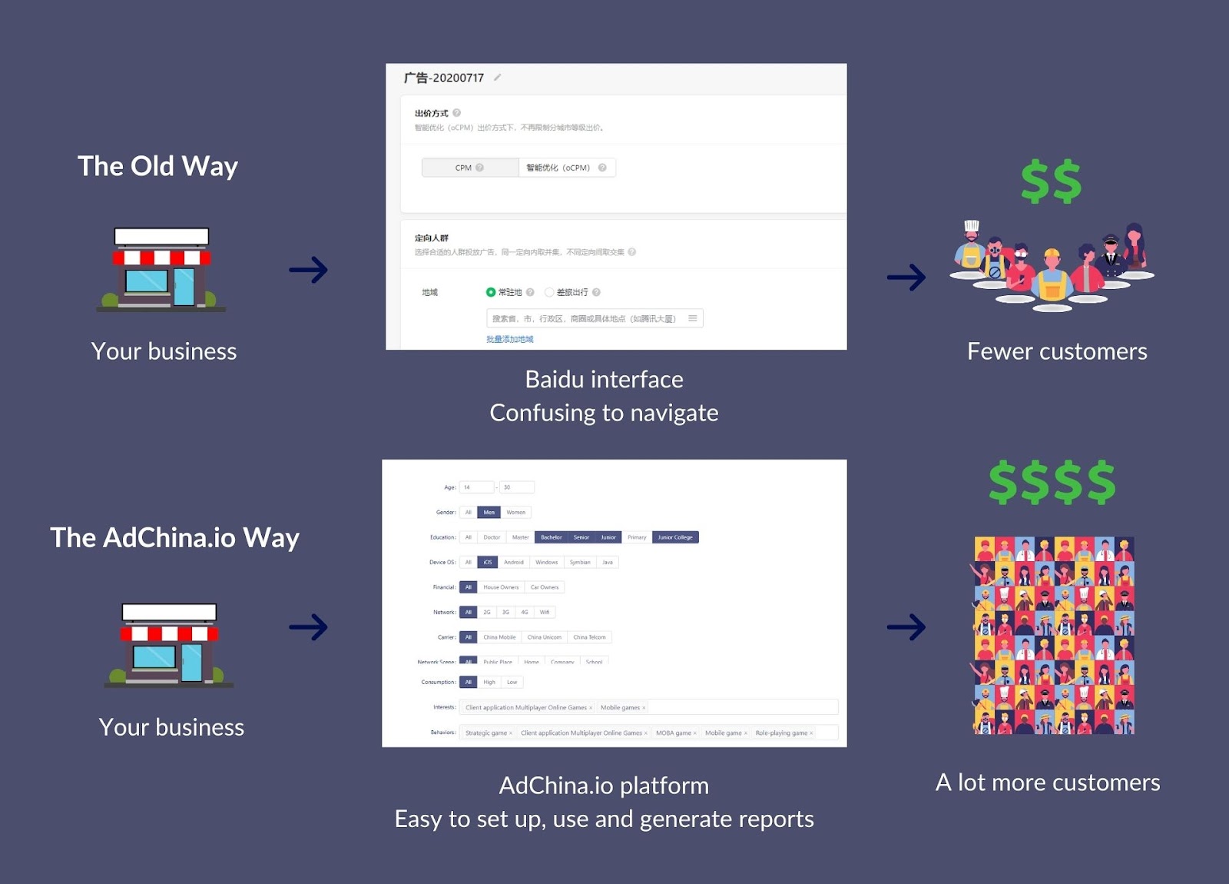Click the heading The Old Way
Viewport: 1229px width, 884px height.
pos(157,166)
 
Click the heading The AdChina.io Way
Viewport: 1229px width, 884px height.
pos(174,537)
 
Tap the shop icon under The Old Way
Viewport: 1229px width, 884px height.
pos(161,270)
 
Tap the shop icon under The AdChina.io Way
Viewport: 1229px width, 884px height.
pos(169,645)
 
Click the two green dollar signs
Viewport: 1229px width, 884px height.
pos(1051,181)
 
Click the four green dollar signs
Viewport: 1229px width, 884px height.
pos(1052,482)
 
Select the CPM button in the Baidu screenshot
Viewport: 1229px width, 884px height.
pos(469,168)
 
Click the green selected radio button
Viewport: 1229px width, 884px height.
pos(491,292)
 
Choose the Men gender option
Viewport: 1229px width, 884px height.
pos(489,512)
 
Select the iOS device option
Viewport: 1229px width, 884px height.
pos(487,562)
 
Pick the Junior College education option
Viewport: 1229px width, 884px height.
pos(675,537)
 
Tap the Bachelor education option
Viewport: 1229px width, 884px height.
pos(551,537)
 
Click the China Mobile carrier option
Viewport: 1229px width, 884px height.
pos(499,637)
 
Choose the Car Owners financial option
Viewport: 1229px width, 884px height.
pos(544,587)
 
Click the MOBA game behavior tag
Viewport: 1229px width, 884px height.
pos(674,733)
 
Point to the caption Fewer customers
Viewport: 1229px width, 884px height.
pos(1057,351)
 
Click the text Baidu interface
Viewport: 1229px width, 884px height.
pos(604,379)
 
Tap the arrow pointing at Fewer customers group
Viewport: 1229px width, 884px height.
pos(906,277)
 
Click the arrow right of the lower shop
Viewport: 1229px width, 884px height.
pos(308,627)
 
